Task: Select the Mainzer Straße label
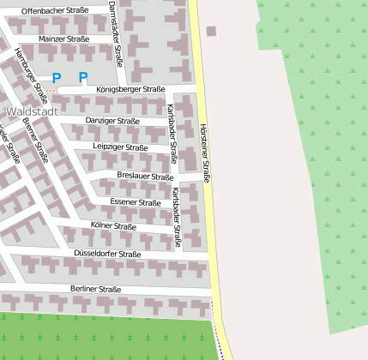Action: (64, 39)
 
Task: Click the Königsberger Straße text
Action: (130, 89)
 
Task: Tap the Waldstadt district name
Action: (32, 111)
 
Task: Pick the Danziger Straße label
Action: (112, 121)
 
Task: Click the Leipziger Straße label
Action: (120, 147)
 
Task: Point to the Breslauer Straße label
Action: (145, 176)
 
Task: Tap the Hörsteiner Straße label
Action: (204, 153)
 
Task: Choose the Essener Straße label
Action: (136, 202)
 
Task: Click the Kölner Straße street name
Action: (113, 226)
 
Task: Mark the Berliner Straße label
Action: (96, 289)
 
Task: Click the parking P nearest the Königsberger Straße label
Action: (83, 78)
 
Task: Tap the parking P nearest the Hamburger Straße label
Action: (57, 78)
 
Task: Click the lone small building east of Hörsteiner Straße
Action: (211, 32)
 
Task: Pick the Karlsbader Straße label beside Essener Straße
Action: (176, 216)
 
